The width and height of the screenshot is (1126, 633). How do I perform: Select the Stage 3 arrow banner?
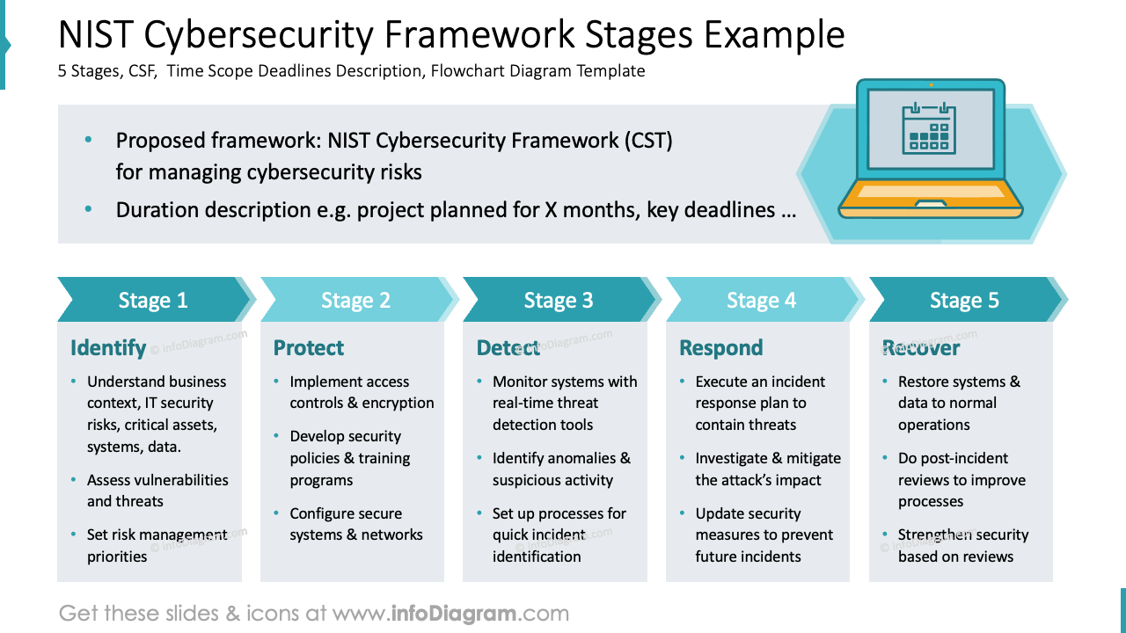coord(559,301)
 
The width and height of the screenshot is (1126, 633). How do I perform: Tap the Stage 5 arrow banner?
coord(964,301)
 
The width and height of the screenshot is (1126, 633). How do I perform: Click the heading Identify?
coord(108,348)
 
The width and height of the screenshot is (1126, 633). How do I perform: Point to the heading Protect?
coord(309,348)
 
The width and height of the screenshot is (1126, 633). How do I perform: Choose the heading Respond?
coord(720,348)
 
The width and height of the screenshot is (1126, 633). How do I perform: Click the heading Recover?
coord(921,348)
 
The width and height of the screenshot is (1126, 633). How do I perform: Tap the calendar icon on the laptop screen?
coord(929,127)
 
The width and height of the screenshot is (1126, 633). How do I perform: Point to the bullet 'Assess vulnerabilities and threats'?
coord(157,491)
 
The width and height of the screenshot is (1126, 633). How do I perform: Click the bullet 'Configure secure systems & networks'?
coord(355,524)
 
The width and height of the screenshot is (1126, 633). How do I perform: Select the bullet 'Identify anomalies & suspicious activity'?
coord(560,469)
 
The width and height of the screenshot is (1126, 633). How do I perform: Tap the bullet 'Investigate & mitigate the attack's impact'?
coord(767,469)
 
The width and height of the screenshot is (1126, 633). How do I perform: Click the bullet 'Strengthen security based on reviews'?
coord(961,545)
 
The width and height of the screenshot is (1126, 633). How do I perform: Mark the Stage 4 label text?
coord(761,301)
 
